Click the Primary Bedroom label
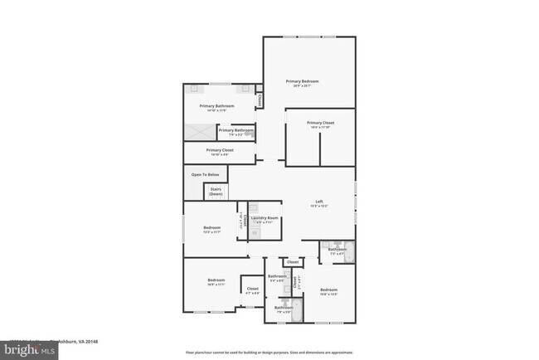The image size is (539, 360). (303, 81)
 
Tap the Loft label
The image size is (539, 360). (318, 203)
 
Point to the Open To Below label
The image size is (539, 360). (206, 174)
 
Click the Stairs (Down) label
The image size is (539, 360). (216, 191)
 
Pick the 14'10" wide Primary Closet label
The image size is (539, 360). (220, 151)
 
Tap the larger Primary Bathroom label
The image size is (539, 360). (216, 106)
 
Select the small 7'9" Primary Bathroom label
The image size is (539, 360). (236, 131)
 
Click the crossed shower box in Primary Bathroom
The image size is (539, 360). (199, 131)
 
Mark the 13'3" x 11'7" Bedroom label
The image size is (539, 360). (212, 229)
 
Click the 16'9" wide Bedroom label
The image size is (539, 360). (216, 281)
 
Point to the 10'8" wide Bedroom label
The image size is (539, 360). (329, 291)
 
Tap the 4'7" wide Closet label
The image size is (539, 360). (253, 290)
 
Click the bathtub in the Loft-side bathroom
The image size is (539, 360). (349, 251)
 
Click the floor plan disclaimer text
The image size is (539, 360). (269, 351)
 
